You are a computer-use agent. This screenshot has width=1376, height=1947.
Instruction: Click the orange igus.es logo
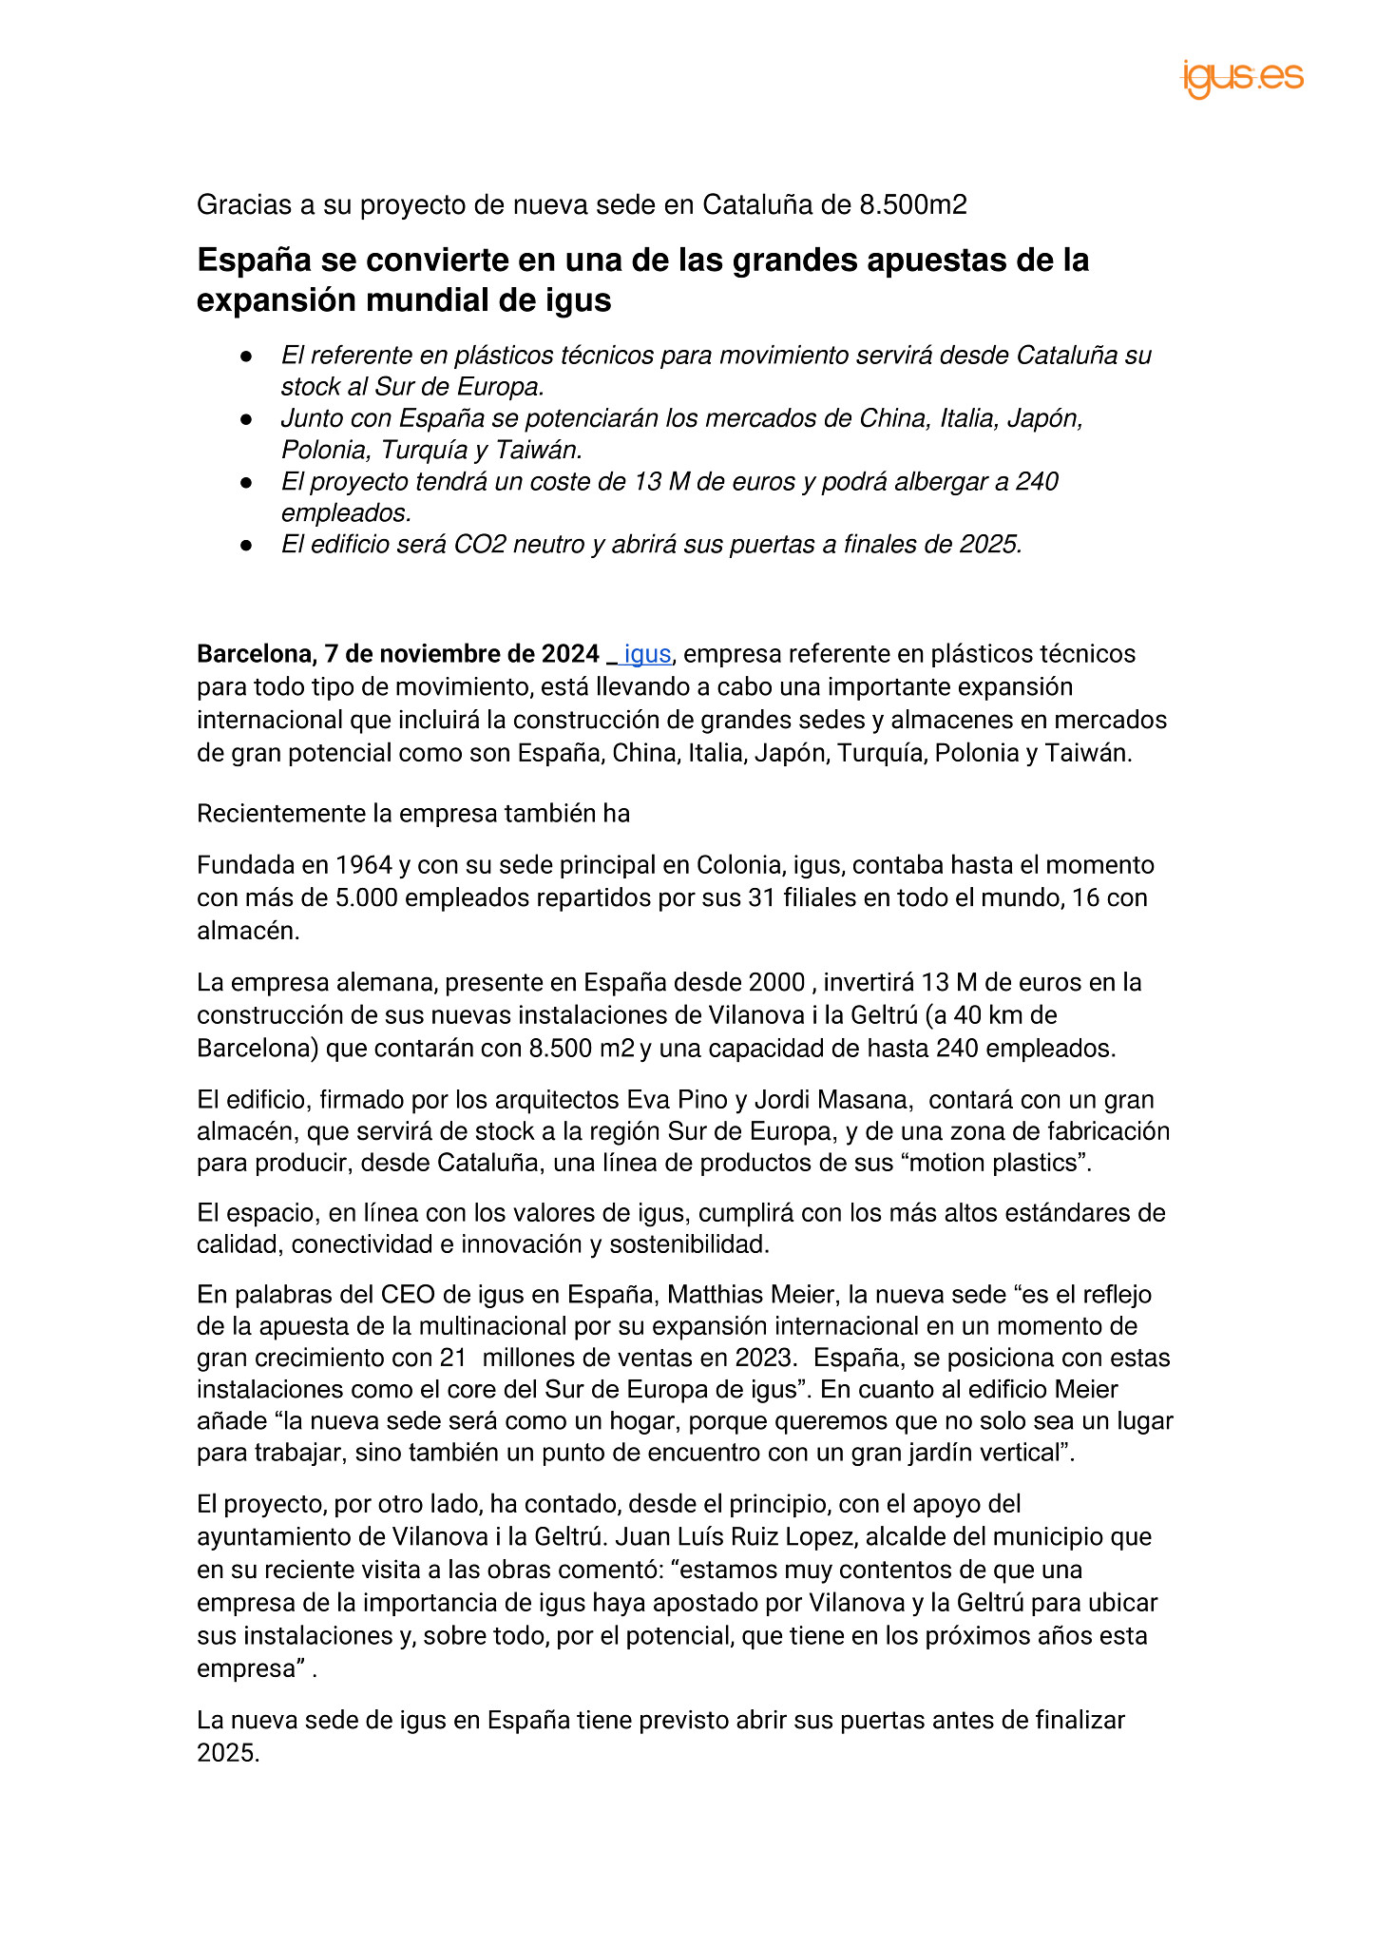1242,78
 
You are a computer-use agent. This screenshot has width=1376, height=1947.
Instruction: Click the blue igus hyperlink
647,654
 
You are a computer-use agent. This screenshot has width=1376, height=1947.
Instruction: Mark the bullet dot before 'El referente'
246,356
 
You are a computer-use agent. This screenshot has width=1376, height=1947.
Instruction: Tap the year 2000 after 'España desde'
776,982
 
